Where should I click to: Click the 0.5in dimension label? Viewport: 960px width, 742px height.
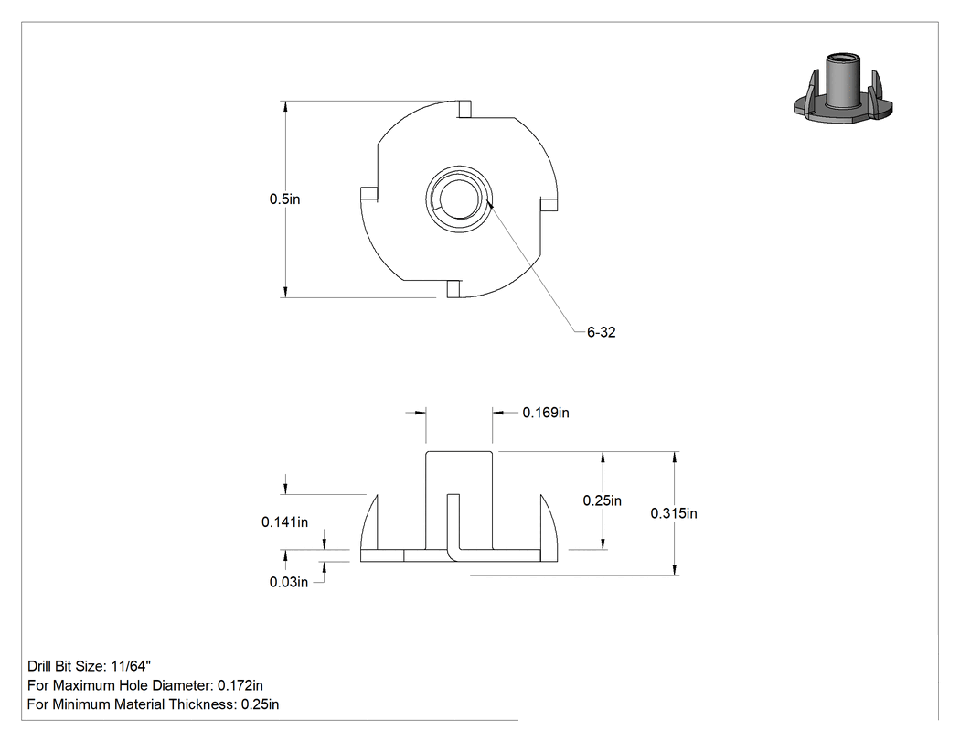(x=284, y=199)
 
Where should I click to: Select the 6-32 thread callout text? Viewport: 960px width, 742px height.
(x=602, y=332)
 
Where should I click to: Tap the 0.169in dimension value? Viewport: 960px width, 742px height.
(x=546, y=413)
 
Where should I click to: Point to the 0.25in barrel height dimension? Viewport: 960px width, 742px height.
(x=602, y=500)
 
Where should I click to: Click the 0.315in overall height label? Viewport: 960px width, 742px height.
(x=674, y=513)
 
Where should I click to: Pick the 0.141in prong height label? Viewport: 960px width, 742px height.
(x=284, y=522)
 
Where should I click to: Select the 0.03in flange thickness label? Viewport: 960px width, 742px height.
(x=289, y=582)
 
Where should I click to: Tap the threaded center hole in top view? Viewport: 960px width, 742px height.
(x=458, y=199)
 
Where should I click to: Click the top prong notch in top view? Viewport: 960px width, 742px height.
(x=465, y=109)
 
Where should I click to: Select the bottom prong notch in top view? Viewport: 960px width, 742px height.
(x=453, y=289)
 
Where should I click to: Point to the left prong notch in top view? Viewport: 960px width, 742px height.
(x=368, y=194)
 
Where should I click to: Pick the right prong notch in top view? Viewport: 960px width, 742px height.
(x=549, y=204)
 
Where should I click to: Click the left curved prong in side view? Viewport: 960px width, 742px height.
(x=369, y=524)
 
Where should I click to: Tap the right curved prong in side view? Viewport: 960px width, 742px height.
(x=548, y=524)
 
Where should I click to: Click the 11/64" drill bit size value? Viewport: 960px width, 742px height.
(x=131, y=666)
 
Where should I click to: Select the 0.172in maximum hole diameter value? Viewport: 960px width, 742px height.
(x=240, y=685)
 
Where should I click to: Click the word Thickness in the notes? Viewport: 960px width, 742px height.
(x=203, y=704)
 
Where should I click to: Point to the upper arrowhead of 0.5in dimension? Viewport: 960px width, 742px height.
(x=284, y=107)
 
